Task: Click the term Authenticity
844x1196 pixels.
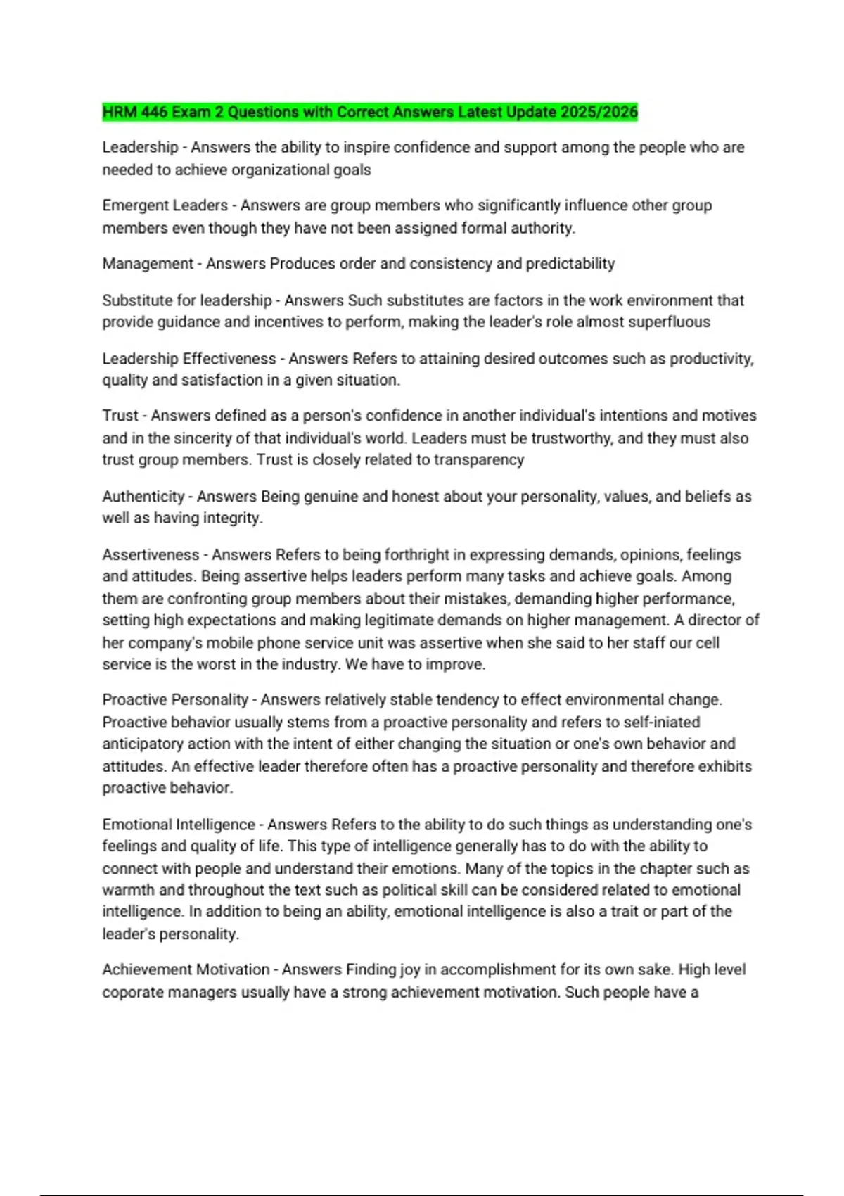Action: point(143,497)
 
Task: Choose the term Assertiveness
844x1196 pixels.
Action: point(151,555)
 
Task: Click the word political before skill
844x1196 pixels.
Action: point(411,890)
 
